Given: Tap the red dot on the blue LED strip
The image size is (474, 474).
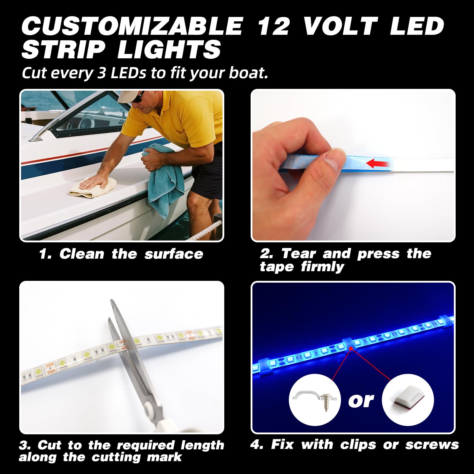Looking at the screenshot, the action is pyautogui.click(x=351, y=349).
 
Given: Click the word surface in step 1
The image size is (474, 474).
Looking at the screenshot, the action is pyautogui.click(x=174, y=254).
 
